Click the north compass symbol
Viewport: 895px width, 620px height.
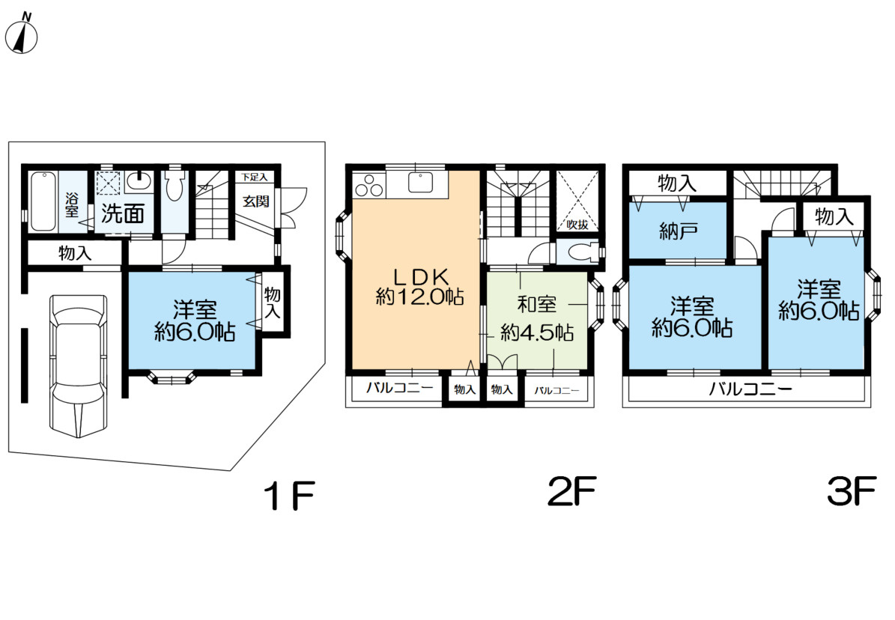click(x=22, y=34)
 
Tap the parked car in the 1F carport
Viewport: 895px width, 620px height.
click(x=78, y=365)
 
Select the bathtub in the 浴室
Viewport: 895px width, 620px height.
click(x=43, y=201)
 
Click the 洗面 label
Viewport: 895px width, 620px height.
click(x=123, y=213)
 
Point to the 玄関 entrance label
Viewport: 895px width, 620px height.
click(x=255, y=201)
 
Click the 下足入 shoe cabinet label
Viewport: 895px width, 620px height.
click(x=254, y=177)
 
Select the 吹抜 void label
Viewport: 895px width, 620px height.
click(x=577, y=225)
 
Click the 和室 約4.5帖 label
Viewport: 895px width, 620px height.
click(x=536, y=318)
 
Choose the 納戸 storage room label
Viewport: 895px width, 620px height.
click(x=678, y=231)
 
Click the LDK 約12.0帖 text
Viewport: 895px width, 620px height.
click(x=420, y=287)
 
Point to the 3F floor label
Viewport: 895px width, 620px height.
click(x=851, y=491)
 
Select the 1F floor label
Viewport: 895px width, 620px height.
click(x=290, y=495)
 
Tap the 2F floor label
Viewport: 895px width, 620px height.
click(x=572, y=491)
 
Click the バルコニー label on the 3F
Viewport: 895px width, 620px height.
click(x=750, y=389)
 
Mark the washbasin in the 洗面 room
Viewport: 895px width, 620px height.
click(x=139, y=180)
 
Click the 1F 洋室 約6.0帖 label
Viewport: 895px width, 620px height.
click(x=195, y=320)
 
